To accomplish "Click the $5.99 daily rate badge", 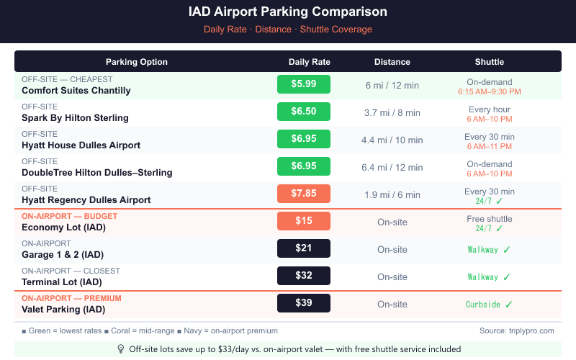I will (x=303, y=84).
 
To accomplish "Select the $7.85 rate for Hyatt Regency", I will (x=303, y=194).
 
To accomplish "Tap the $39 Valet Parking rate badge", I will (x=303, y=303).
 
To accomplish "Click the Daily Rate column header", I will (x=309, y=62).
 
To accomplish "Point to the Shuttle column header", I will (x=489, y=62).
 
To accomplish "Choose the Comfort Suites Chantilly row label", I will (x=76, y=91).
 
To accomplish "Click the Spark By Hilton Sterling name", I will (x=75, y=118).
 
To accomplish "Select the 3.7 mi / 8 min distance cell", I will (x=392, y=113).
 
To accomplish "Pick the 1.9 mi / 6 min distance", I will (x=392, y=195).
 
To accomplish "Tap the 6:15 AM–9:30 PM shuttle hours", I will (x=489, y=92).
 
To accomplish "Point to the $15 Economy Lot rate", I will (x=303, y=221).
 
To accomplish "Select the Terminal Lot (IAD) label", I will (x=62, y=282).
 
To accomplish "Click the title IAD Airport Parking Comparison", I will (x=287, y=12).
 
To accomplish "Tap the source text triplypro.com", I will (x=517, y=330).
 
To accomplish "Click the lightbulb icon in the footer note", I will (x=121, y=348).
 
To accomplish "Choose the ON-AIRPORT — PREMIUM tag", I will (x=71, y=298).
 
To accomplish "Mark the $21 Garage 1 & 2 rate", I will (x=303, y=248).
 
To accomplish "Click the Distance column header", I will (x=392, y=62).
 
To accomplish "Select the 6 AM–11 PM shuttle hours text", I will (x=489, y=146).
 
